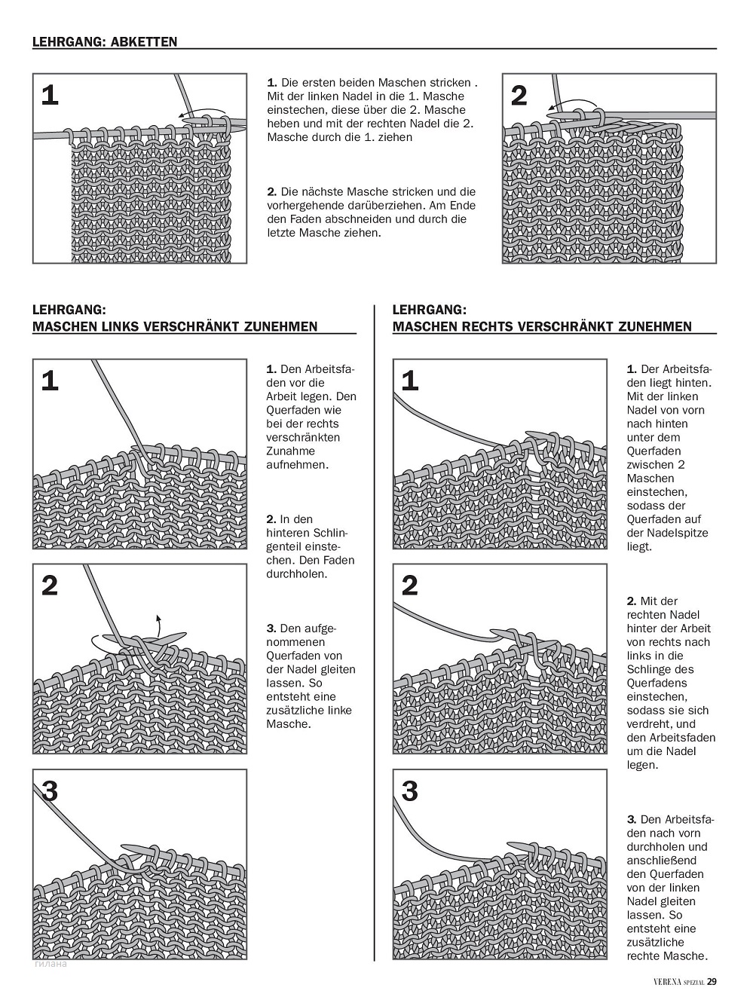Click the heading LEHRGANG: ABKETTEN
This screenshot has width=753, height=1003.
point(105,42)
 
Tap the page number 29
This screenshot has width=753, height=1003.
point(712,981)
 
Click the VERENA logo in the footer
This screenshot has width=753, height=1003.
point(667,981)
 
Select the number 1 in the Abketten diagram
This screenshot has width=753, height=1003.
point(50,96)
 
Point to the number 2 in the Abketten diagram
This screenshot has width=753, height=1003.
point(519,96)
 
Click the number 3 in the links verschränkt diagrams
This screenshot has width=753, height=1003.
point(50,791)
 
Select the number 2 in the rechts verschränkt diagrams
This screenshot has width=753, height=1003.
point(409,586)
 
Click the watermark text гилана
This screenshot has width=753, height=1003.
point(51,963)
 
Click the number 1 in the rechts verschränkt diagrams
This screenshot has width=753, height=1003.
point(409,381)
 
